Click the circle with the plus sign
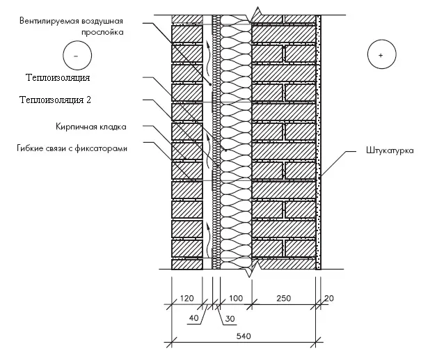coord(380,54)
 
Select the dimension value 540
coord(244,336)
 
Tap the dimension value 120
coord(186,299)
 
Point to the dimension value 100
coord(235,299)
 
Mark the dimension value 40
coord(193,318)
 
